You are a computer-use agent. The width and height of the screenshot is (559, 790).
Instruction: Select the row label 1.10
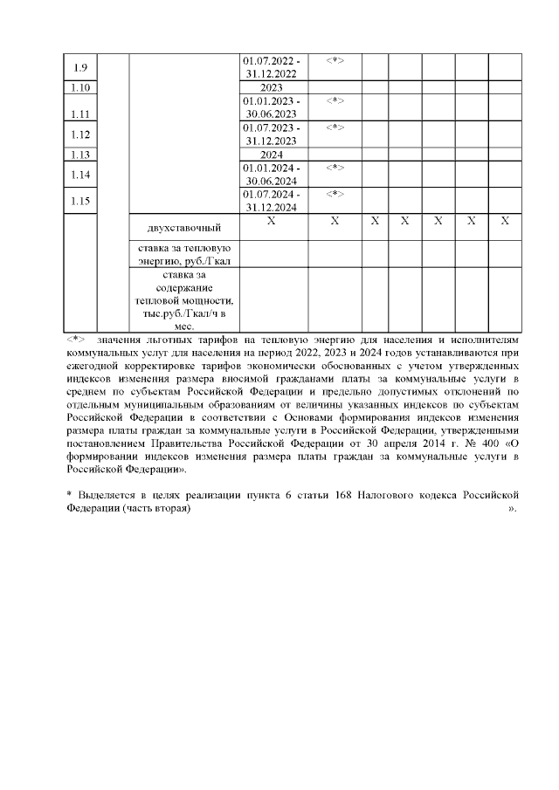pyautogui.click(x=80, y=87)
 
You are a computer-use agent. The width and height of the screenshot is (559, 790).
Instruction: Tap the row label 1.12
pyautogui.click(x=80, y=134)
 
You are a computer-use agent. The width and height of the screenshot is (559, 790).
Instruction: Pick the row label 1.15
pyautogui.click(x=80, y=200)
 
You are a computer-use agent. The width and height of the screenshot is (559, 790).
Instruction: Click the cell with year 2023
pyautogui.click(x=272, y=87)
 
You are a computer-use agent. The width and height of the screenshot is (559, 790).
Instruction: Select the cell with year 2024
pyautogui.click(x=272, y=154)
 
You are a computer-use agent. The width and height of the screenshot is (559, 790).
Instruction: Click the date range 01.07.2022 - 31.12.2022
pyautogui.click(x=272, y=67)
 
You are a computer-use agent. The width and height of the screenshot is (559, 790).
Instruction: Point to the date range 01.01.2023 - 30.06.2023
pyautogui.click(x=272, y=107)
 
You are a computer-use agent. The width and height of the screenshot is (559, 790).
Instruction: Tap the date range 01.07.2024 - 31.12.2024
pyautogui.click(x=272, y=200)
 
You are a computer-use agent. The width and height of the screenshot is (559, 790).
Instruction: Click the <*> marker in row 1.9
pyautogui.click(x=335, y=61)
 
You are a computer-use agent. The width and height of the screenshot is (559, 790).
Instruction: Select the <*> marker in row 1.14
pyautogui.click(x=335, y=167)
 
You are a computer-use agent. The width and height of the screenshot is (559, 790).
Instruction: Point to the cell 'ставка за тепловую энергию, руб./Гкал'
pyautogui.click(x=183, y=253)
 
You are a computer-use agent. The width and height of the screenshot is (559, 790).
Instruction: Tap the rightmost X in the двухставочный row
pyautogui.click(x=504, y=222)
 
